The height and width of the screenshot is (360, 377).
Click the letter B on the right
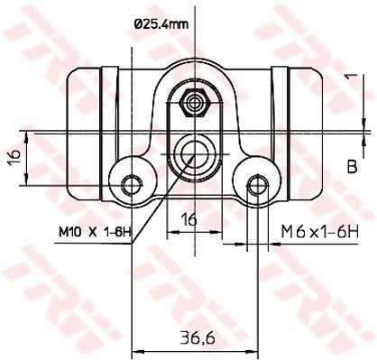(x=352, y=165)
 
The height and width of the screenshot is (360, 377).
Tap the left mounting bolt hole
(x=133, y=185)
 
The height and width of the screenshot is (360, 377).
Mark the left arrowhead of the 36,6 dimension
(x=137, y=351)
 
